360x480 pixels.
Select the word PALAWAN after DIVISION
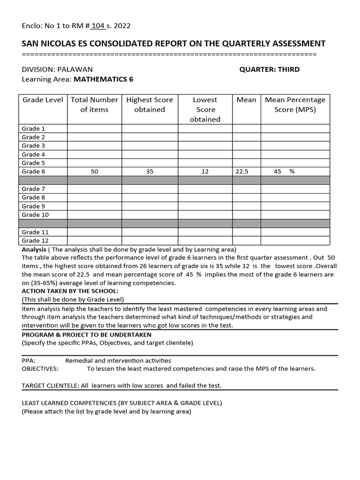(75, 69)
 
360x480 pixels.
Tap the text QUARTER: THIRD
(269, 69)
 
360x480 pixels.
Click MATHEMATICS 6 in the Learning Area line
(103, 79)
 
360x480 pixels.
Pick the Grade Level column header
(43, 100)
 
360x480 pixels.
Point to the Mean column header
(247, 100)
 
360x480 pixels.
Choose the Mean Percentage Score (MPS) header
(295, 105)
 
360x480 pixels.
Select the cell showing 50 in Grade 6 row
(95, 172)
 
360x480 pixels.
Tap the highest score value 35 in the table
(150, 172)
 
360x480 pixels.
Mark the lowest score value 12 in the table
(205, 172)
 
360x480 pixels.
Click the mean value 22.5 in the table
(242, 172)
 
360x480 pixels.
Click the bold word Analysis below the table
(34, 249)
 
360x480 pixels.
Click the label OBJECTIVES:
(40, 368)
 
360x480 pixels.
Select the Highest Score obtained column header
(150, 105)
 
